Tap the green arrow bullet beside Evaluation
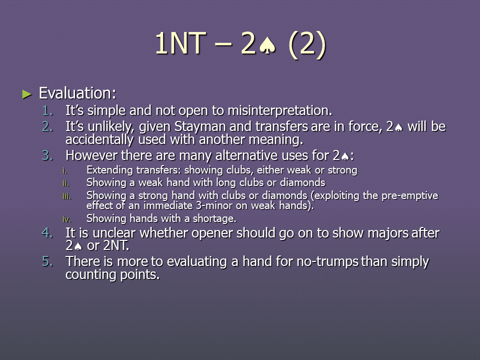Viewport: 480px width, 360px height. (27, 94)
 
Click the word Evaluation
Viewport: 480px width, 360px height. (77, 93)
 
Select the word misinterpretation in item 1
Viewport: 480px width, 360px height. (279, 110)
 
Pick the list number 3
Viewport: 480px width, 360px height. (47, 155)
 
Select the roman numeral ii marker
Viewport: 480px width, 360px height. (66, 183)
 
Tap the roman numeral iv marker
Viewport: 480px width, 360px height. (66, 219)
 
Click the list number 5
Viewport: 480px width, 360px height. (47, 261)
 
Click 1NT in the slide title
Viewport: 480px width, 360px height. (180, 43)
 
